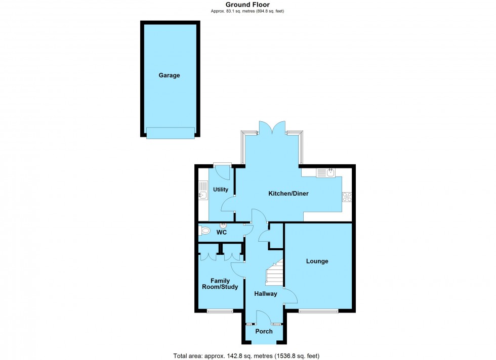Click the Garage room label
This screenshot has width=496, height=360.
point(169,75)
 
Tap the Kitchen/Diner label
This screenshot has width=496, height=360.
point(288,194)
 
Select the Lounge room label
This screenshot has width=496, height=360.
point(317,261)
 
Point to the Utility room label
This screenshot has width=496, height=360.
point(221,190)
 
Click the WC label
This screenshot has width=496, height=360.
point(221,233)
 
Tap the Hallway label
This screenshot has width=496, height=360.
point(265,294)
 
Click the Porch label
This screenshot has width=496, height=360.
point(264,332)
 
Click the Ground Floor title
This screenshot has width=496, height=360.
point(247,5)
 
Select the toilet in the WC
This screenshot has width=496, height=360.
point(205,231)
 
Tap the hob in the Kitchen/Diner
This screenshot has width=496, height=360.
point(347,197)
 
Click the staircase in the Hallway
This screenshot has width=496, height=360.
point(273,276)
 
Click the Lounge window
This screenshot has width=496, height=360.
point(318,311)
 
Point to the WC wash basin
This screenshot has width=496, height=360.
point(222,226)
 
